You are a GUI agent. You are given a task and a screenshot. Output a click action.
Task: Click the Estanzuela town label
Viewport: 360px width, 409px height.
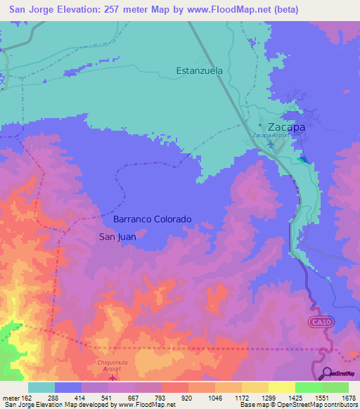coord(199,71)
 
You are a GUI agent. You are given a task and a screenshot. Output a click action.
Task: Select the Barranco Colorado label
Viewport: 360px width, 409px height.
coord(153,219)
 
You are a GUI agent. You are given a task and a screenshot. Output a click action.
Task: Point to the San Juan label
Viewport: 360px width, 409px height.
coord(117,237)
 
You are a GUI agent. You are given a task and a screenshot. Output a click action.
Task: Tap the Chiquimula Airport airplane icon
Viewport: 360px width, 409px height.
coord(112,377)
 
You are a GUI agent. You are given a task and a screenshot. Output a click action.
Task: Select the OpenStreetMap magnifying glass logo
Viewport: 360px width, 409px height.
coord(327,372)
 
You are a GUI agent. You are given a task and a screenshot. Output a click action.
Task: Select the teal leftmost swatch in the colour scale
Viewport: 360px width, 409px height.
coord(41,387)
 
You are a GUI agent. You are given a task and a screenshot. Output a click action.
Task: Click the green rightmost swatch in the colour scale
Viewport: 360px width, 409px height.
coord(335,387)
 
